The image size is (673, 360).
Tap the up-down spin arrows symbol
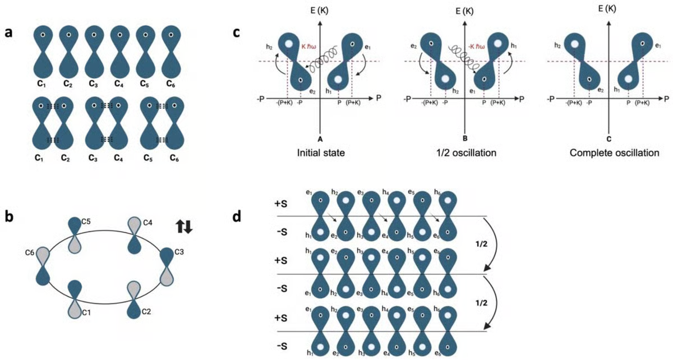[x=185, y=227]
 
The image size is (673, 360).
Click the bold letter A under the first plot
[x=319, y=138]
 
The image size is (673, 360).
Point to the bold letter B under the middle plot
[x=463, y=138]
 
